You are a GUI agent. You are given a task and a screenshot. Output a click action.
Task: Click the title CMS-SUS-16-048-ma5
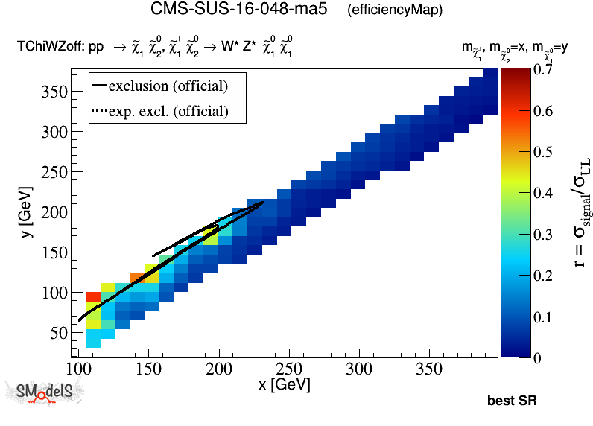click(x=238, y=10)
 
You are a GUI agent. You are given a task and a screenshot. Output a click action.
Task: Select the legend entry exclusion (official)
click(x=168, y=86)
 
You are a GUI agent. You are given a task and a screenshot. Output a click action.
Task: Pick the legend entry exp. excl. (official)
click(x=168, y=112)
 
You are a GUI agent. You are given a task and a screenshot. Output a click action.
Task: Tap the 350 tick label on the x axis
click(x=429, y=369)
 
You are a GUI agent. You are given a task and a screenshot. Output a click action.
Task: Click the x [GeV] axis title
click(x=284, y=385)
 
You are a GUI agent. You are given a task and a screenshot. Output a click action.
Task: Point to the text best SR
click(x=512, y=401)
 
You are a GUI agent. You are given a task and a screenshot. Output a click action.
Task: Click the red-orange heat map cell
click(x=93, y=296)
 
